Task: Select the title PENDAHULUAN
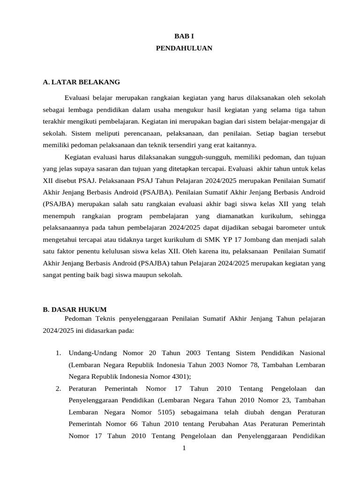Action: coord(184,48)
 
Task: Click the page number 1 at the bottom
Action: coord(184,448)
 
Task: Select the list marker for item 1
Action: coord(58,352)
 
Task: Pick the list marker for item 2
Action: coord(58,389)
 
